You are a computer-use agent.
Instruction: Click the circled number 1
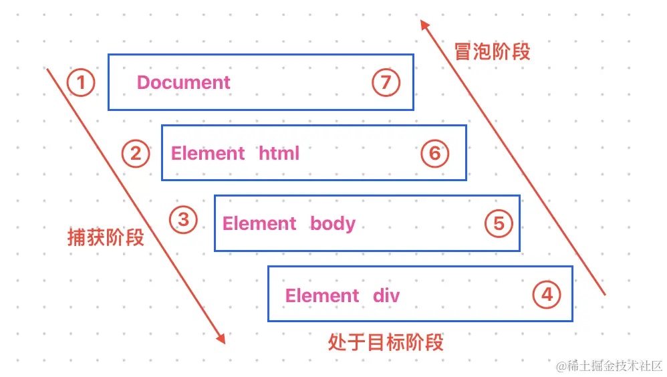(x=81, y=84)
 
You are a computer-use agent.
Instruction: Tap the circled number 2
(x=136, y=154)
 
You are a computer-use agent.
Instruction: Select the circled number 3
(x=184, y=220)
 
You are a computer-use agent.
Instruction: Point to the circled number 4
(x=547, y=294)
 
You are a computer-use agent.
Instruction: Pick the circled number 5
(x=499, y=223)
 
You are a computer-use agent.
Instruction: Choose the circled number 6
(x=435, y=154)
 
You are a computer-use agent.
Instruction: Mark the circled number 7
(x=386, y=84)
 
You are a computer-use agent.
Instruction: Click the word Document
(x=183, y=83)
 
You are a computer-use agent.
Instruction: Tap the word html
(x=279, y=154)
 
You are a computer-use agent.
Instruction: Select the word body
(x=332, y=224)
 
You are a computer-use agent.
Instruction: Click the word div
(x=386, y=295)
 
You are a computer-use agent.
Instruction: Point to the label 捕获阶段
(x=106, y=237)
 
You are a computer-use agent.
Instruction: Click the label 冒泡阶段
(x=492, y=52)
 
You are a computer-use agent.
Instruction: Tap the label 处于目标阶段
(x=386, y=343)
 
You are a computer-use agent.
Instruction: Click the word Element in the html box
(x=208, y=154)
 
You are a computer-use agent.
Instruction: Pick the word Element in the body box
(x=259, y=224)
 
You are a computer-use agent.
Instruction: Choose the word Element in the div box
(x=322, y=295)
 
